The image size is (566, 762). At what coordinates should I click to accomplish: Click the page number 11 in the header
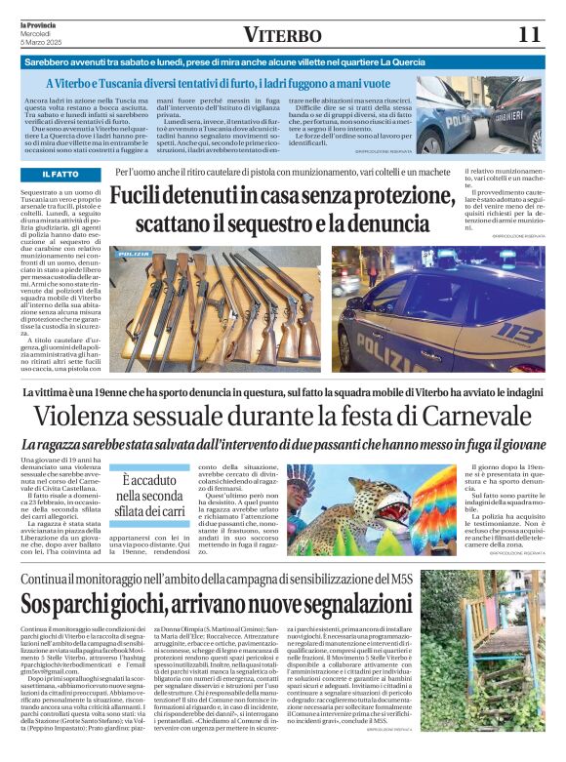pos(528,34)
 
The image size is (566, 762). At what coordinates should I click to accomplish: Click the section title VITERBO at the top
pos(281,35)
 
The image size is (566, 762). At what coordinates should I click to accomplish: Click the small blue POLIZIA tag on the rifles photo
pos(134,255)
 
